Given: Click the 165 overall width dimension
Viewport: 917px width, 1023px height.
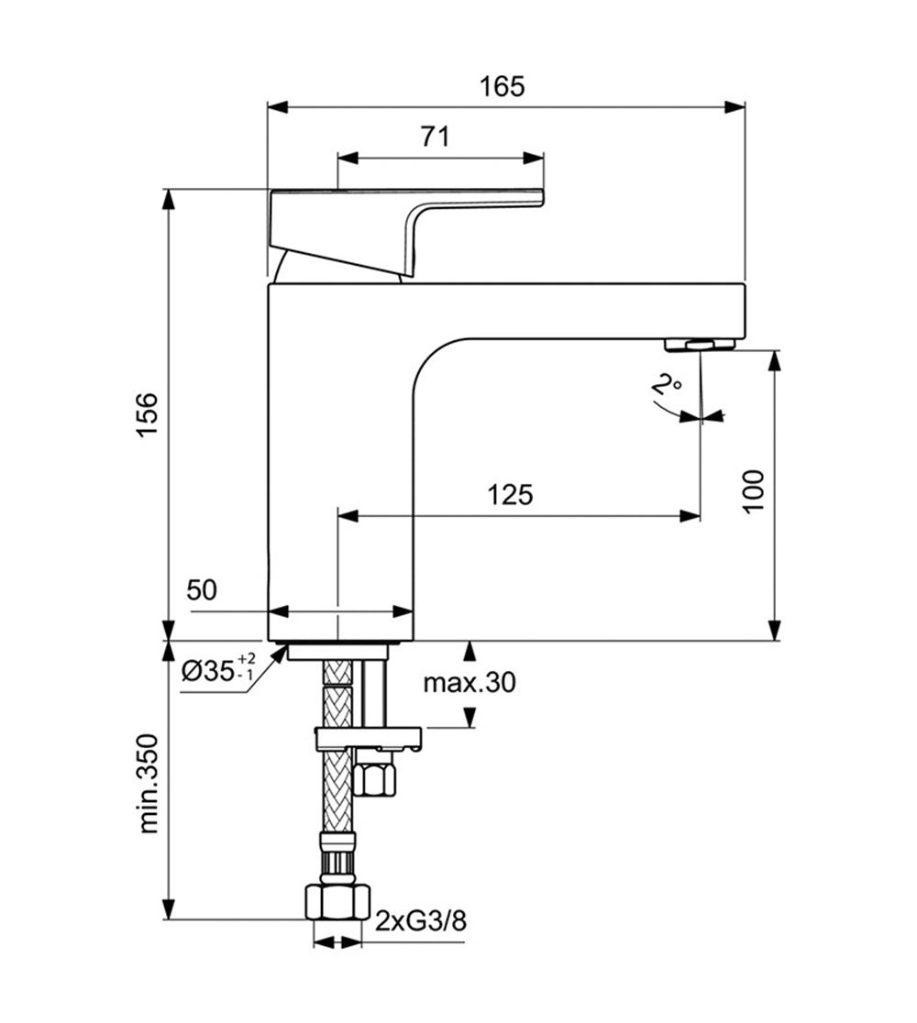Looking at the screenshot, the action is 502,86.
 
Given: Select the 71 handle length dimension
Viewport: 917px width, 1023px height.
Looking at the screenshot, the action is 436,137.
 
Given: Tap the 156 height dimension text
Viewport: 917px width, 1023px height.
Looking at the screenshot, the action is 148,415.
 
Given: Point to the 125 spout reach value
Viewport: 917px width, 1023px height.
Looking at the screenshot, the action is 511,494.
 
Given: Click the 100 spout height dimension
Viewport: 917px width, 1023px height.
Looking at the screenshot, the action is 754,490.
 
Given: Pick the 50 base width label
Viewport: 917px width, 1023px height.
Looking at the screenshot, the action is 201,589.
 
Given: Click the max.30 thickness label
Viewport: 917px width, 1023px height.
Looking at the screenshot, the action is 470,683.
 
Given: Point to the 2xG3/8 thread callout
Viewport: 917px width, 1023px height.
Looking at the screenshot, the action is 421,921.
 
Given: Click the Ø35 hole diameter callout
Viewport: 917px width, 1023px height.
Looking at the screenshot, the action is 218,669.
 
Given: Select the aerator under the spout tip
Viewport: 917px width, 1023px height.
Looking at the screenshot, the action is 700,345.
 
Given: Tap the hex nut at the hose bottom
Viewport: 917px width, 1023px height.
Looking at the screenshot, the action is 337,902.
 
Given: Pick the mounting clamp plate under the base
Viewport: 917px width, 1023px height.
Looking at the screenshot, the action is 368,738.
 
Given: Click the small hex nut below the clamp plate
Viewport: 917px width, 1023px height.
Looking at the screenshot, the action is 374,775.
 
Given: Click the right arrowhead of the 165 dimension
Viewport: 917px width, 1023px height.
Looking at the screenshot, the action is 735,107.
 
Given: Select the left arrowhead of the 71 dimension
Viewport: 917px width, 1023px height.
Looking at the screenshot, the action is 348,158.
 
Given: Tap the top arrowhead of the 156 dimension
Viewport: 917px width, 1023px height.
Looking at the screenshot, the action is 169,200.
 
